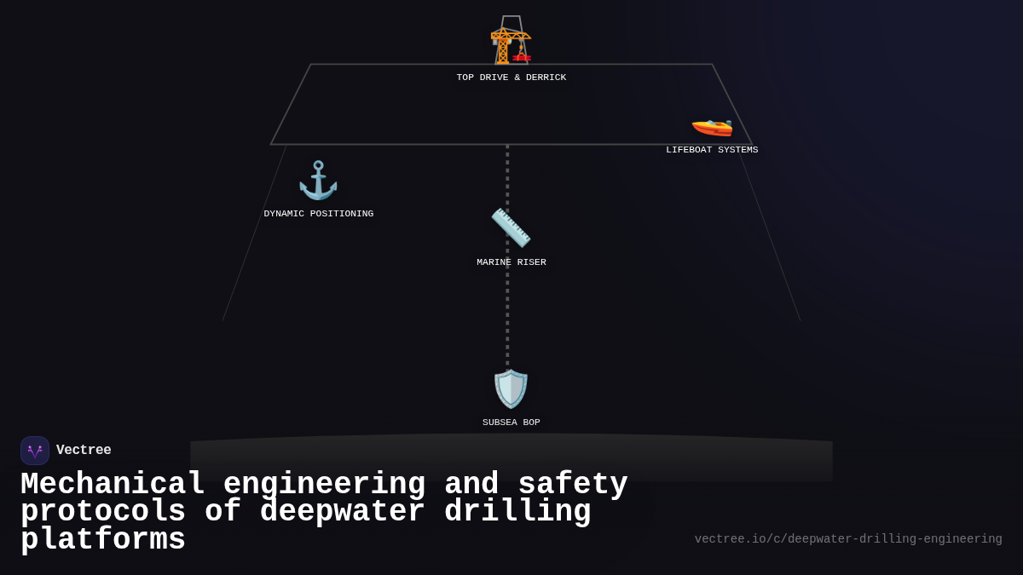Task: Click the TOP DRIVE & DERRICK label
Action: [x=511, y=78]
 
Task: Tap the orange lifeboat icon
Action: [x=712, y=126]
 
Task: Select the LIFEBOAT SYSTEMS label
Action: [x=712, y=150]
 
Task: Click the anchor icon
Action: [x=318, y=181]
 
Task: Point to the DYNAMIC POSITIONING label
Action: [x=318, y=214]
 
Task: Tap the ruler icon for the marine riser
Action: [x=511, y=227]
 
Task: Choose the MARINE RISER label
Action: [x=511, y=262]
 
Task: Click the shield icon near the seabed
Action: [x=511, y=388]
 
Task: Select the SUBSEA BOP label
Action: [x=511, y=423]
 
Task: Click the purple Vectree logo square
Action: [x=35, y=451]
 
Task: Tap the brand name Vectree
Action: [x=84, y=451]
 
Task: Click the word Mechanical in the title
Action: [x=113, y=484]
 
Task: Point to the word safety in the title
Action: [x=573, y=484]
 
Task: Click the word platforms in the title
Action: [x=103, y=540]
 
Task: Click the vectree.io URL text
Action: [x=847, y=539]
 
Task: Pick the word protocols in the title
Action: [x=103, y=512]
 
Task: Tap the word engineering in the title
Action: [x=324, y=484]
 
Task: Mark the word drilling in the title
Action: [x=517, y=512]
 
